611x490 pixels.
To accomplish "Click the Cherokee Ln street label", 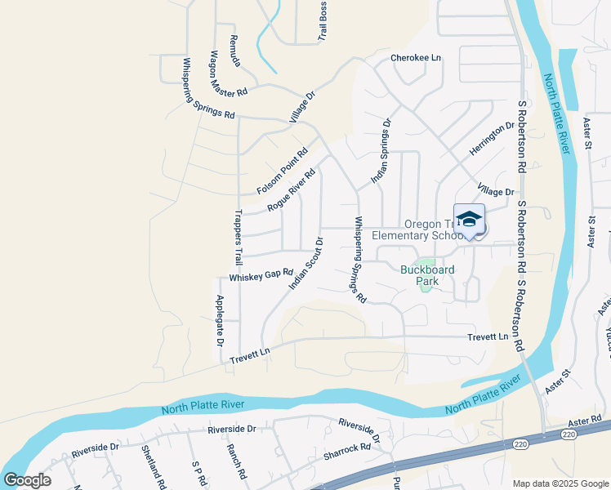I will click(x=415, y=58).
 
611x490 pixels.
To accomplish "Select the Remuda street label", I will click(x=234, y=51).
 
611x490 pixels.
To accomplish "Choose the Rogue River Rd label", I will click(x=292, y=191).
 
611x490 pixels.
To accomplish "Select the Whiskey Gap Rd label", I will click(x=261, y=275).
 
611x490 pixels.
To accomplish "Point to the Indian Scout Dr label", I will click(x=306, y=263).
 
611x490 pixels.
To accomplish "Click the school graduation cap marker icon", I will click(x=469, y=219).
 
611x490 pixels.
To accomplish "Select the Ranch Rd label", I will click(x=238, y=462).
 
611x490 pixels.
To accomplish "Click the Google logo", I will click(x=27, y=480).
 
